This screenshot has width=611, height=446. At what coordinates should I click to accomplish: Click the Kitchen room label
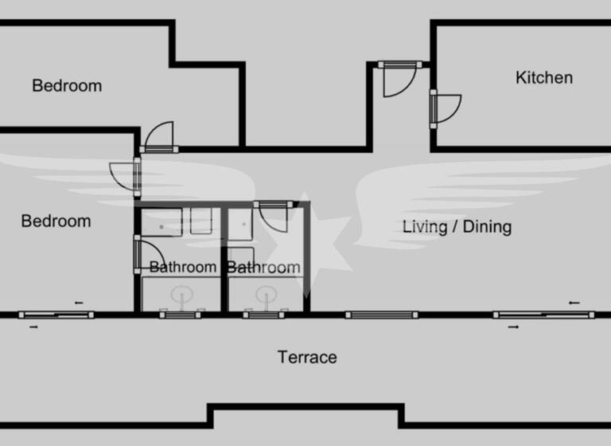[x=544, y=78]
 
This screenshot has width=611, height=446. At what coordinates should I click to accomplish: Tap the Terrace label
[x=307, y=358]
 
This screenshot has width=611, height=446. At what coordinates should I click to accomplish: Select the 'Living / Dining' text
[x=457, y=227]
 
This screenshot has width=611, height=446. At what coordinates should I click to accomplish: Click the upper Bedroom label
[x=67, y=86]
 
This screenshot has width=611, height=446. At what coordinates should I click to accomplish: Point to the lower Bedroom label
[x=56, y=221]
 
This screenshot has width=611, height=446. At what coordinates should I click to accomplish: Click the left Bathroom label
[x=183, y=268]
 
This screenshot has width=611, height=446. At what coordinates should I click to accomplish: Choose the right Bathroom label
[x=264, y=268]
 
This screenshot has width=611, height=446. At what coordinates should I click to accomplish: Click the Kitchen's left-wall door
[x=446, y=108]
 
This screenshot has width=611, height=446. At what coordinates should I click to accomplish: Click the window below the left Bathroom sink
[x=181, y=315]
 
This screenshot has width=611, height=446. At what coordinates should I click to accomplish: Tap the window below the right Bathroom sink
[x=264, y=315]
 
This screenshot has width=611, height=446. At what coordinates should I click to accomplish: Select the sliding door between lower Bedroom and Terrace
[x=56, y=315]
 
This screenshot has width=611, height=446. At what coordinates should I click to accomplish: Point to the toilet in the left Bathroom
[x=200, y=221]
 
